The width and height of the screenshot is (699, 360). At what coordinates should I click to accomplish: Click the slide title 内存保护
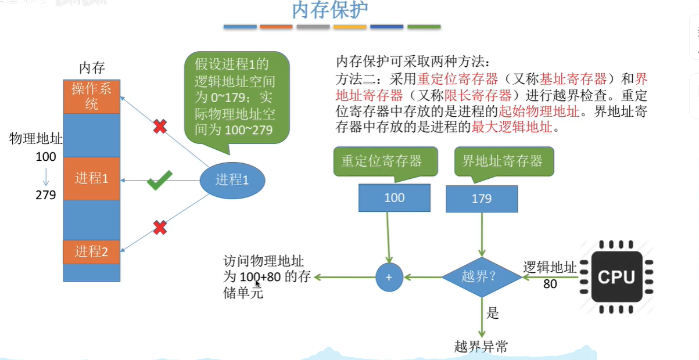(329, 11)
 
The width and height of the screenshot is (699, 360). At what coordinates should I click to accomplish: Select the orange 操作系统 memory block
(92, 96)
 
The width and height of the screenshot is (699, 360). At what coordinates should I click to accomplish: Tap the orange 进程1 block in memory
(92, 178)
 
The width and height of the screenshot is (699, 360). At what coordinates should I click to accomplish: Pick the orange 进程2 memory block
(92, 252)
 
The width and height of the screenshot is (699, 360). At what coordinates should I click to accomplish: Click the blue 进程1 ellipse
(232, 181)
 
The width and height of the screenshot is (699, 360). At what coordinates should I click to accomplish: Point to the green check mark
(159, 180)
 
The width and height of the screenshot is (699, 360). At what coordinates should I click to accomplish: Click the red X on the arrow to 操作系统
(160, 127)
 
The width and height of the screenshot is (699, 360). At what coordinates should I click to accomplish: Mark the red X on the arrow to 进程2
(160, 228)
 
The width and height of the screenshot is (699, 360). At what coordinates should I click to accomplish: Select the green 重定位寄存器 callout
(381, 161)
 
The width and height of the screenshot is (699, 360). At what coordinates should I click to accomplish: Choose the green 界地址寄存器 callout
(503, 161)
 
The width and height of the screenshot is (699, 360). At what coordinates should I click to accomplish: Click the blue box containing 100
(395, 198)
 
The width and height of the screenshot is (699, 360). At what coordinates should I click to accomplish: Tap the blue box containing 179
(482, 199)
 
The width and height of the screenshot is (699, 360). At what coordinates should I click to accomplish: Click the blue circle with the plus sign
(389, 278)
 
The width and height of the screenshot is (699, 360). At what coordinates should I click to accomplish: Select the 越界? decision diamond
(482, 278)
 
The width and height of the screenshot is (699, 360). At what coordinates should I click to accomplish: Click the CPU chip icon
(616, 277)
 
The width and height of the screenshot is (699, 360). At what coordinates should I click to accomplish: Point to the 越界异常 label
(482, 347)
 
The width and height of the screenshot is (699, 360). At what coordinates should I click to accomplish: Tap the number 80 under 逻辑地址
(550, 284)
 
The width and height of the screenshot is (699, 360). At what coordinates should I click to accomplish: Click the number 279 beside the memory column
(46, 195)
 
